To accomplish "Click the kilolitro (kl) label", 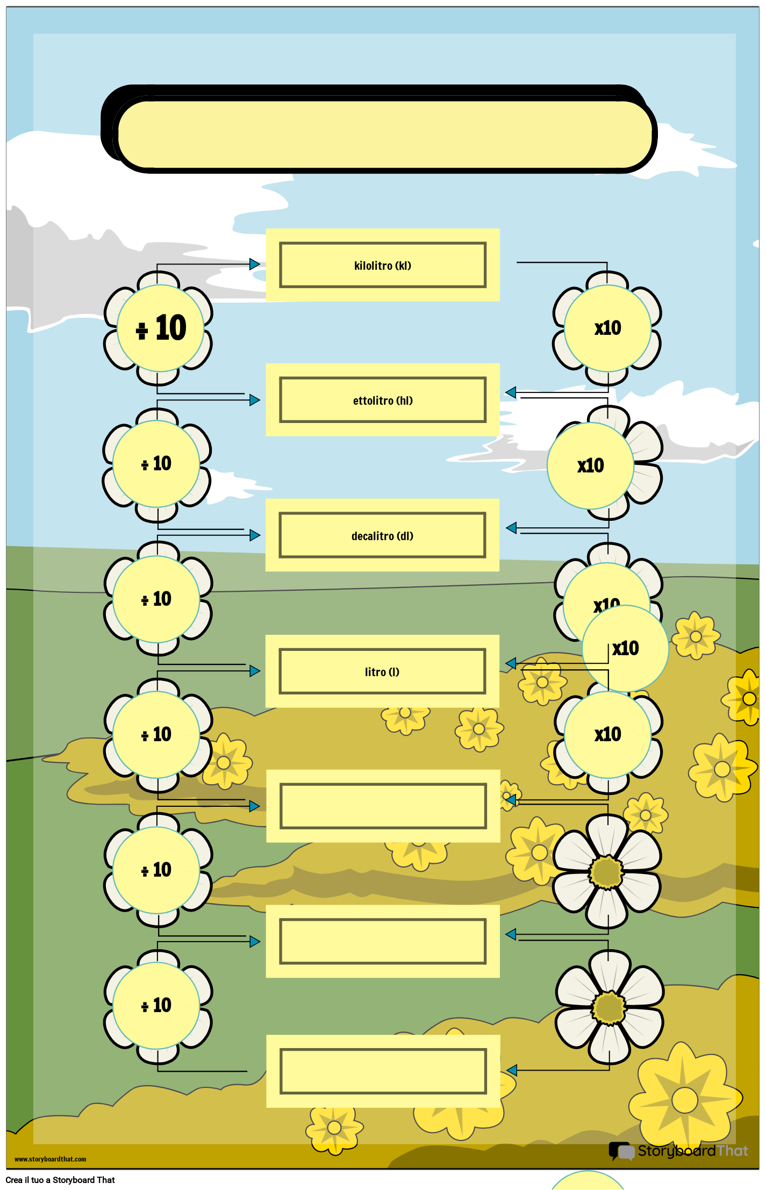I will pyautogui.click(x=382, y=266).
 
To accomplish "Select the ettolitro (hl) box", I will pyautogui.click(x=382, y=400).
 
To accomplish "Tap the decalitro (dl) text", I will pyautogui.click(x=382, y=536).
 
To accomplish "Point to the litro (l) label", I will pyautogui.click(x=382, y=672).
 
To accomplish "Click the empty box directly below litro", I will pyautogui.click(x=383, y=806).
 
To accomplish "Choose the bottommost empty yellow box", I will pyautogui.click(x=383, y=1071).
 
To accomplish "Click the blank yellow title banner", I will pyautogui.click(x=384, y=134).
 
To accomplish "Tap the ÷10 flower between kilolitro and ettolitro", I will pyautogui.click(x=160, y=328).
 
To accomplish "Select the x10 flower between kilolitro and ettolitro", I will pyautogui.click(x=607, y=328).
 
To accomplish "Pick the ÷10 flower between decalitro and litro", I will pyautogui.click(x=156, y=599).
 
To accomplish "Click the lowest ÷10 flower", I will pyautogui.click(x=156, y=1005).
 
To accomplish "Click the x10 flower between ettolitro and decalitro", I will pyautogui.click(x=591, y=465).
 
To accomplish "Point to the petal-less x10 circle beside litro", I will pyautogui.click(x=625, y=648).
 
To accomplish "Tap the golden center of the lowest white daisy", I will pyautogui.click(x=609, y=1008).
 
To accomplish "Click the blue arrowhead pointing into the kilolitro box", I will pyautogui.click(x=255, y=264).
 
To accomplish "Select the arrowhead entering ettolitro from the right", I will pyautogui.click(x=511, y=393).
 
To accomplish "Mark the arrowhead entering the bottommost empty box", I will pyautogui.click(x=512, y=1070).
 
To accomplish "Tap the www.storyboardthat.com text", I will pyautogui.click(x=50, y=1159).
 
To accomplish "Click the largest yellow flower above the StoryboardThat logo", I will pyautogui.click(x=685, y=1099).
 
